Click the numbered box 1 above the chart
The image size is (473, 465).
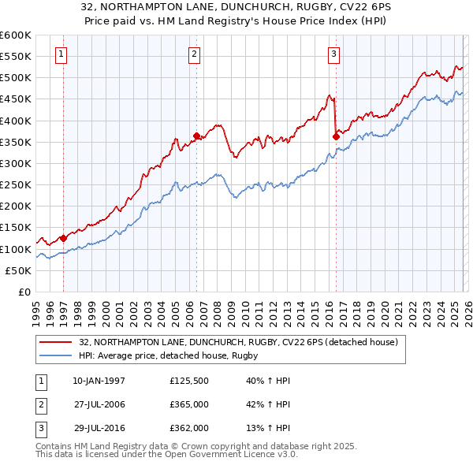[61, 54]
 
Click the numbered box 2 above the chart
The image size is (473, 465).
[194, 54]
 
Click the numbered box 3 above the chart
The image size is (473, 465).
[333, 54]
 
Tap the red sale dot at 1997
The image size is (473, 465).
[63, 238]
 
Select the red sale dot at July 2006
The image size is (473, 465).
[196, 136]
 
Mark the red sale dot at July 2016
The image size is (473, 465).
[336, 136]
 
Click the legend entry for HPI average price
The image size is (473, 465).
[169, 356]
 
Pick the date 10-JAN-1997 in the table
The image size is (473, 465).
[99, 381]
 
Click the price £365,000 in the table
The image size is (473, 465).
[188, 404]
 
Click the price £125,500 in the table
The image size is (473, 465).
[188, 381]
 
